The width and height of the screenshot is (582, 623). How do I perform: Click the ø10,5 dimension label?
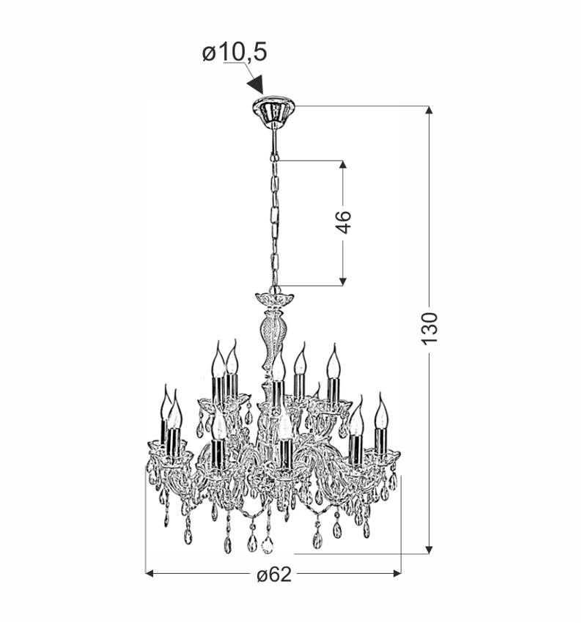coord(235,53)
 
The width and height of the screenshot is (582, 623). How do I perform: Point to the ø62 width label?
coord(274,574)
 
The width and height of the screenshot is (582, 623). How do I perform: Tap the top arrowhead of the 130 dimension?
coord(429,110)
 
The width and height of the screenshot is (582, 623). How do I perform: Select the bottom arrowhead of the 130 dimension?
coord(429,550)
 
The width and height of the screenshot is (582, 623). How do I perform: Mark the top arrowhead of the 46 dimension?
coord(343,164)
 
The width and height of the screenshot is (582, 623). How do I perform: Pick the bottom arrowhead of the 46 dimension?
coord(343,281)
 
